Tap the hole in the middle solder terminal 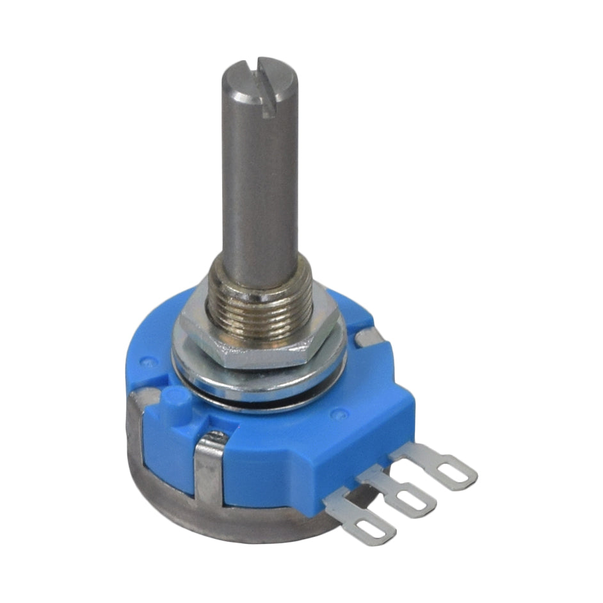pos(410,499)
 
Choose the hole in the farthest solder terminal pos(456,472)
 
